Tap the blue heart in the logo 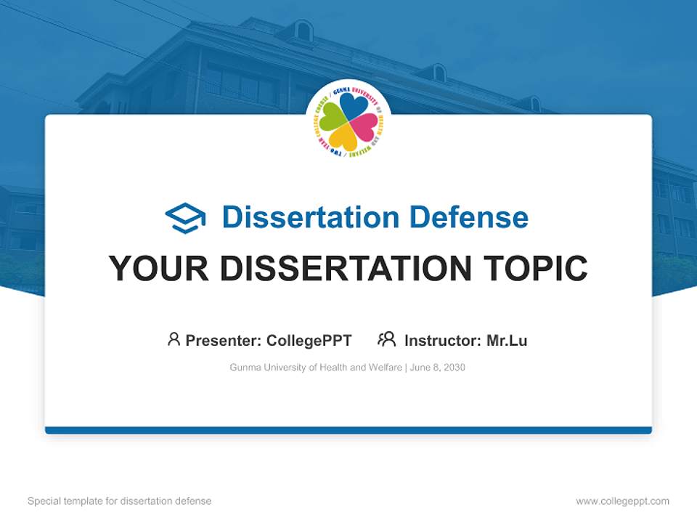pyautogui.click(x=354, y=106)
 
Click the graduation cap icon pyautogui.click(x=185, y=217)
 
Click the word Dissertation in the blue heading pyautogui.click(x=310, y=217)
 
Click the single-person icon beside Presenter pyautogui.click(x=174, y=339)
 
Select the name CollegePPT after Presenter pyautogui.click(x=309, y=341)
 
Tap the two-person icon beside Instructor pyautogui.click(x=386, y=339)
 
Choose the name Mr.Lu pyautogui.click(x=507, y=341)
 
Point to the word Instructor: pyautogui.click(x=443, y=341)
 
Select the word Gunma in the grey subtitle pyautogui.click(x=245, y=368)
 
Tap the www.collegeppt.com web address pyautogui.click(x=622, y=501)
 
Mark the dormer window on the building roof pyautogui.click(x=303, y=31)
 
